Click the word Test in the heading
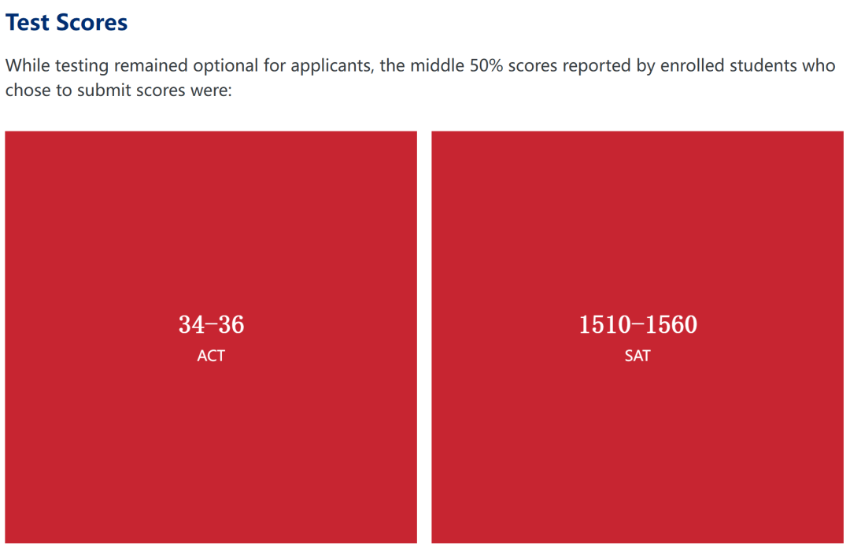click(27, 23)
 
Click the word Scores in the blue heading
click(91, 23)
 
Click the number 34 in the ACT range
click(191, 325)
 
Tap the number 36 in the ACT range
click(231, 325)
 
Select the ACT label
click(211, 356)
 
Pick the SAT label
click(637, 356)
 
